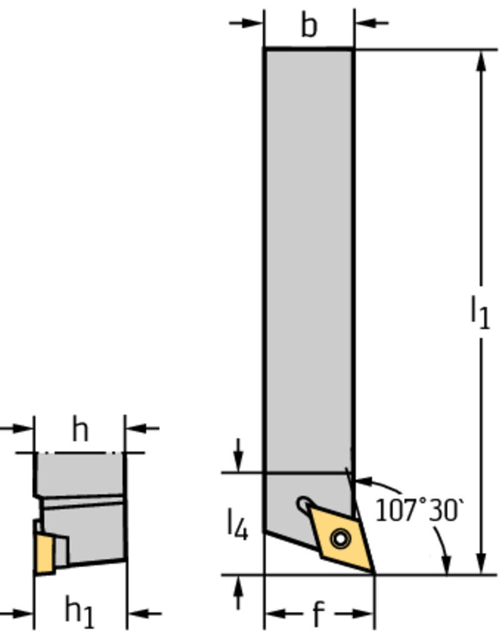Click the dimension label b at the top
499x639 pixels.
point(309,25)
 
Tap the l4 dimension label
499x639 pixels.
point(238,525)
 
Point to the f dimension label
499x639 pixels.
point(319,613)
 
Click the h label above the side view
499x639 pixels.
point(80,429)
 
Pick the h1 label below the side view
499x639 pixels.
point(79,613)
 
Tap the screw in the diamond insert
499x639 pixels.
point(340,539)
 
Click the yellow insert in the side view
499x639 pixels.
point(44,554)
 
